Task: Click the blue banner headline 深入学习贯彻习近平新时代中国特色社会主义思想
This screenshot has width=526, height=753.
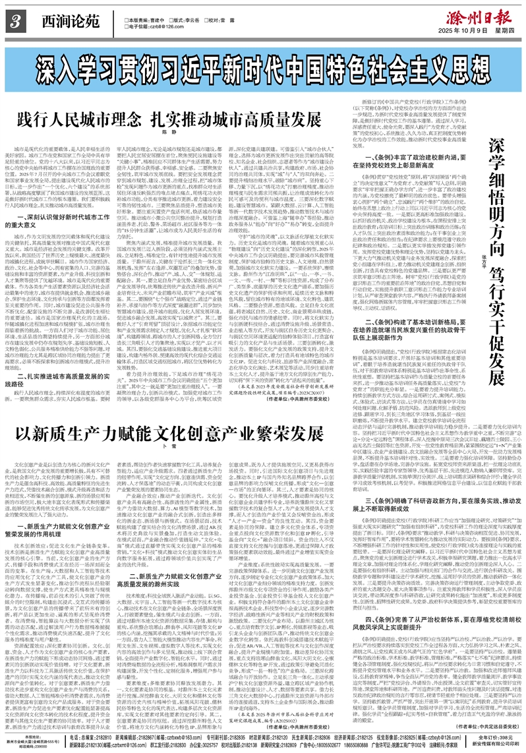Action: (262, 65)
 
